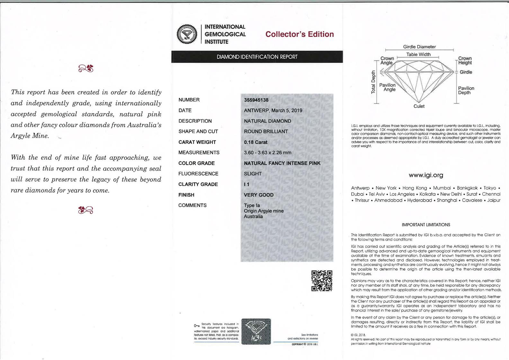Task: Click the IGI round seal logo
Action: tap(187, 34)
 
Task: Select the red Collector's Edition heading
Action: tap(299, 34)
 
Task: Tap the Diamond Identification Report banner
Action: tap(257, 57)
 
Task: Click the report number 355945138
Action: tap(256, 100)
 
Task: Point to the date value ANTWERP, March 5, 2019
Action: tap(273, 111)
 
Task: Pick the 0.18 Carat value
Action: tap(255, 142)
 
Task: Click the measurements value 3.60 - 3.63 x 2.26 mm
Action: tap(267, 153)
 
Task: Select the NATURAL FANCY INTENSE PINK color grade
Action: tap(282, 163)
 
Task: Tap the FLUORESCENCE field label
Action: tap(198, 174)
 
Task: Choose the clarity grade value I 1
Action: tap(246, 184)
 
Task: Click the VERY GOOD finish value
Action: tap(259, 195)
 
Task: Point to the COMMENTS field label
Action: tap(192, 205)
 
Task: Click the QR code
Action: tap(322, 281)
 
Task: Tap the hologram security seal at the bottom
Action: tap(256, 331)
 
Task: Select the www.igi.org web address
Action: tap(426, 175)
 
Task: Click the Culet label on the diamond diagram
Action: tap(419, 106)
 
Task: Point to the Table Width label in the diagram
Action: tap(418, 55)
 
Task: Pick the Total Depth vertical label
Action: tap(373, 82)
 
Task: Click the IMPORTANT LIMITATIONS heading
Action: tap(426, 225)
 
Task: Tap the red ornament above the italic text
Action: tap(86, 68)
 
